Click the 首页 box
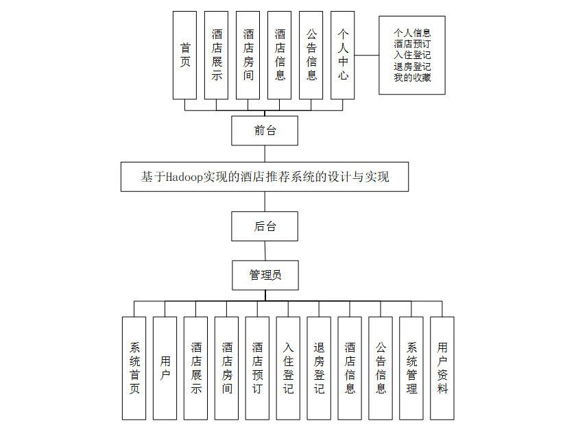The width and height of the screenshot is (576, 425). [x=184, y=55]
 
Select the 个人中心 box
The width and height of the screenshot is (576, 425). [x=343, y=55]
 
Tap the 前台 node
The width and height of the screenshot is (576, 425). [x=265, y=130]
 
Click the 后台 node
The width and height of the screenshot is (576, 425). [x=265, y=226]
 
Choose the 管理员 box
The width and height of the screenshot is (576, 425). [x=265, y=276]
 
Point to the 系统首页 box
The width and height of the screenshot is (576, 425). [x=134, y=368]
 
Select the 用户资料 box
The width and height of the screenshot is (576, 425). [x=442, y=368]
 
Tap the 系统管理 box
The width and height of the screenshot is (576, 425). [x=411, y=368]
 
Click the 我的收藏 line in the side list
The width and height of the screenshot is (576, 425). [x=412, y=78]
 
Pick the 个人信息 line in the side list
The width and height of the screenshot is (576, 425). [x=412, y=32]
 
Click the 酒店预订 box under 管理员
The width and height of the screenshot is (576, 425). [x=257, y=368]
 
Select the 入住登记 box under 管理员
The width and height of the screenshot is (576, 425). [x=288, y=368]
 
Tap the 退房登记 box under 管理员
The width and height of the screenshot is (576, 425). [x=319, y=368]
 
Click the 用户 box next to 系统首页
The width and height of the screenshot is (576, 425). [x=165, y=368]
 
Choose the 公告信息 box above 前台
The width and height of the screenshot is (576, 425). [x=311, y=55]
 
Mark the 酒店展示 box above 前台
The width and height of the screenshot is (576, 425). [x=217, y=55]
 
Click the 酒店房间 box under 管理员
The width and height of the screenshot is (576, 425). [x=226, y=368]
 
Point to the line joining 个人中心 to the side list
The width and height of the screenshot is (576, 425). [x=367, y=55]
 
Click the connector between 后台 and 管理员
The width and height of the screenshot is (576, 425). [x=265, y=251]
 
